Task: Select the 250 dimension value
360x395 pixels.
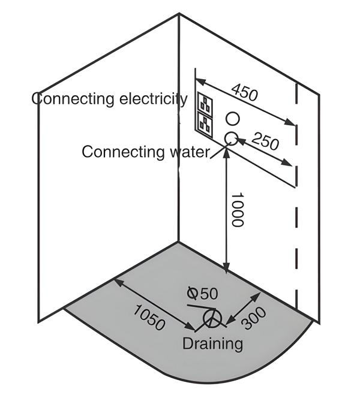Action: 265,142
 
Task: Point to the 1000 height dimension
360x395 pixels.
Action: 236,210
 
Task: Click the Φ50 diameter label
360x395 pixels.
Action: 202,293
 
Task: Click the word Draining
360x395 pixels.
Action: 213,343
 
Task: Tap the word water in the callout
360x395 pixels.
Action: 187,151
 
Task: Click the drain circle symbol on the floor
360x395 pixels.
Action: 211,318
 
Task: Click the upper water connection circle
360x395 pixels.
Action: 233,118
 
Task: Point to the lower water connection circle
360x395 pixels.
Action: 230,138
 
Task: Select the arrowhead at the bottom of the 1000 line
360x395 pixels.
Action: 226,271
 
